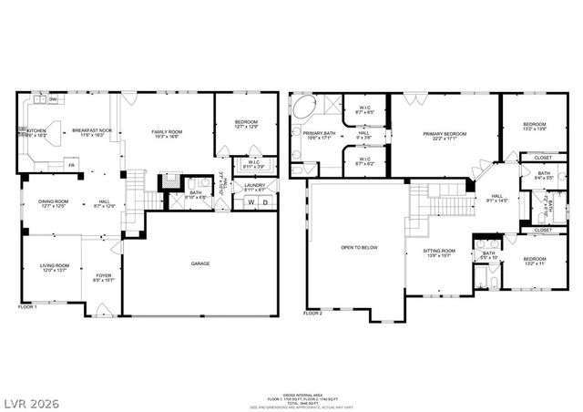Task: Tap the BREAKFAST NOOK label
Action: [93, 131]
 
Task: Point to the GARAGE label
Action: [200, 263]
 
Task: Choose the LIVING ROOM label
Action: [53, 265]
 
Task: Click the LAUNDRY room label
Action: [255, 185]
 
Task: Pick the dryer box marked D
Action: [265, 201]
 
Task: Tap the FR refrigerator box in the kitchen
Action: [71, 165]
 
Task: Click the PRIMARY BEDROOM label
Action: [445, 133]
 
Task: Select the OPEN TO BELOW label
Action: [359, 247]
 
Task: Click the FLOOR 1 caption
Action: [28, 307]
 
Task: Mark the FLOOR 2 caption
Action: [312, 313]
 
